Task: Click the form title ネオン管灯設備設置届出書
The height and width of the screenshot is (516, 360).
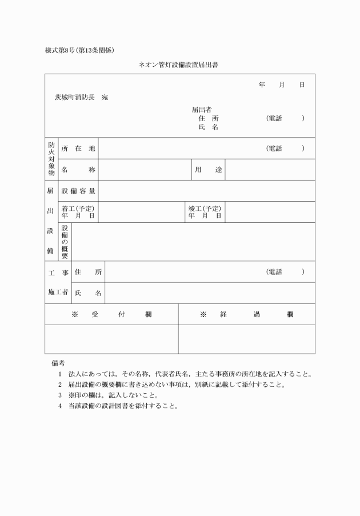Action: tap(178, 65)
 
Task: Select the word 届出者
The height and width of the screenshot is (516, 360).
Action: tap(202, 109)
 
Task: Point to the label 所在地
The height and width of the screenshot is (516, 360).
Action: tap(78, 149)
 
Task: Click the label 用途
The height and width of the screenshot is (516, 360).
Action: tap(209, 170)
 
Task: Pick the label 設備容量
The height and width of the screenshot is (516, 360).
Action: tap(78, 191)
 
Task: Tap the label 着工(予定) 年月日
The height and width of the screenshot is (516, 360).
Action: tap(78, 212)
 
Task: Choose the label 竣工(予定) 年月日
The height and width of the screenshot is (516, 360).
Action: tap(205, 212)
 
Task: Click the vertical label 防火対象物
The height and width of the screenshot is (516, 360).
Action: tap(51, 159)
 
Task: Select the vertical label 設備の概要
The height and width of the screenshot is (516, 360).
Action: tap(65, 242)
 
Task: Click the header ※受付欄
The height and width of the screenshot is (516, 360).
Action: tap(111, 314)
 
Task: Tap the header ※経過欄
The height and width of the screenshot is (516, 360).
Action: tap(246, 314)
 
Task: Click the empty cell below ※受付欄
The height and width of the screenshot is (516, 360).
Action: tap(111, 339)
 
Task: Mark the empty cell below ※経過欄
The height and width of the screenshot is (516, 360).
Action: tap(246, 339)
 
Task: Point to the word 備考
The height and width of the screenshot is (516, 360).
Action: tap(58, 363)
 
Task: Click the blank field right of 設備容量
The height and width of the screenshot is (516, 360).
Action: tap(206, 191)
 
